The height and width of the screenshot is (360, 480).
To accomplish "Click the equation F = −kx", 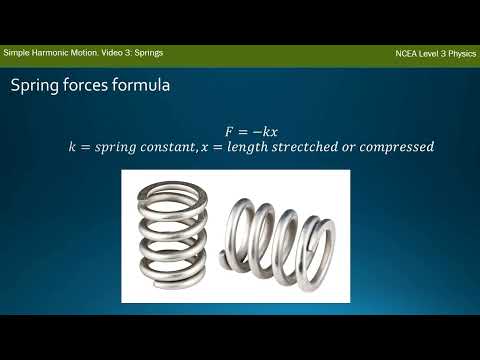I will click(250, 131).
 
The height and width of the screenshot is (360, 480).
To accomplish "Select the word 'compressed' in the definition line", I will click(398, 147).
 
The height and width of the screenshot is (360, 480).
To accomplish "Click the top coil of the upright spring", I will click(177, 186).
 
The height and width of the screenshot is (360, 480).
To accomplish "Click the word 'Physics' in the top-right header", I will click(458, 52).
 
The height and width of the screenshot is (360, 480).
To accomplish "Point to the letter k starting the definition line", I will click(72, 147).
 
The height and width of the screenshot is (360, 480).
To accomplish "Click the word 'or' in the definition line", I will click(354, 147).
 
